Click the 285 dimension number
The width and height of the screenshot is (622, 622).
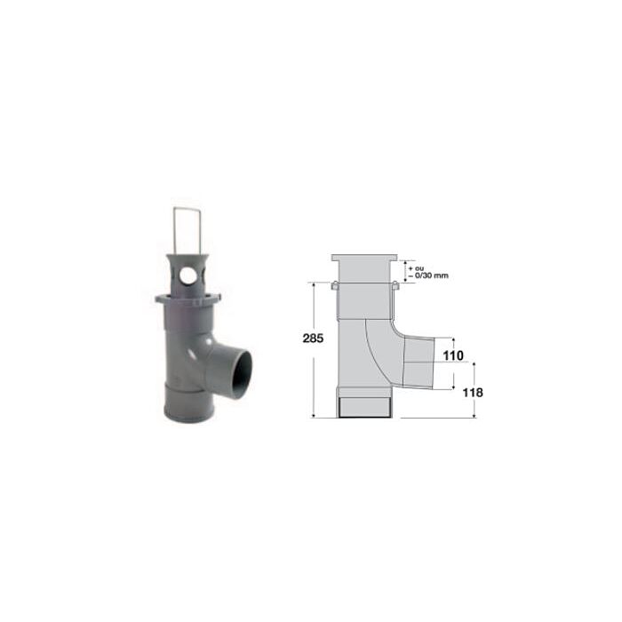313,339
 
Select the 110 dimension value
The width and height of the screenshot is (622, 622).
453,355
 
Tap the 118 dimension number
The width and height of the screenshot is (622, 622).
473,393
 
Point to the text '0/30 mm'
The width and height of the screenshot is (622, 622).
432,275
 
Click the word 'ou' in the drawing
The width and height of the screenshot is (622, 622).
419,268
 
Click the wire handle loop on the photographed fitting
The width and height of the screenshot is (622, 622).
187,231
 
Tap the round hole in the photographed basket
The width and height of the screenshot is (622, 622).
187,275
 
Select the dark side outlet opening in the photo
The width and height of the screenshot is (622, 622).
242,375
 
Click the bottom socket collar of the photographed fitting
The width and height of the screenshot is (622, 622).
188,402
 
